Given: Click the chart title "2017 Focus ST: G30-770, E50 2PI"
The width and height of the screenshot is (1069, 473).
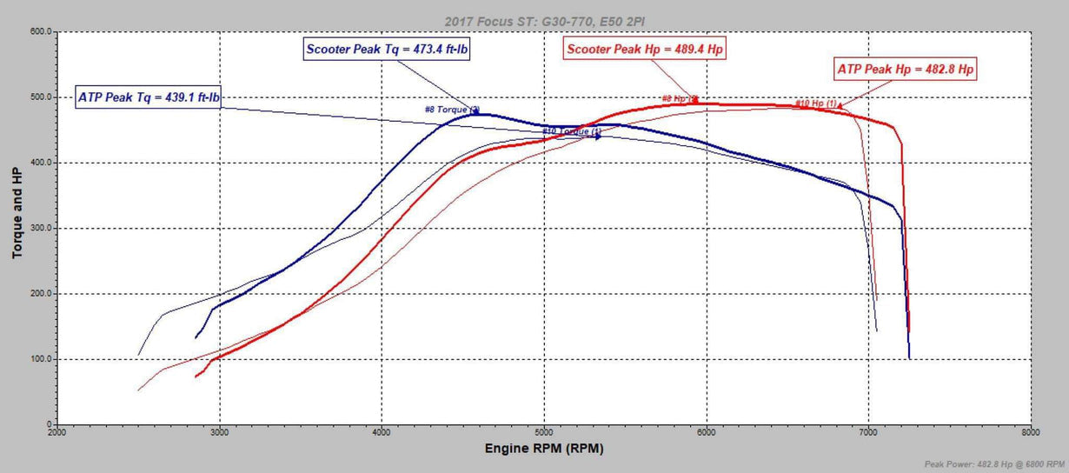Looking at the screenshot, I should click(x=544, y=20).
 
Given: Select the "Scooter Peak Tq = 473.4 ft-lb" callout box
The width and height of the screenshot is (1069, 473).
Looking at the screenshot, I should click(x=388, y=49).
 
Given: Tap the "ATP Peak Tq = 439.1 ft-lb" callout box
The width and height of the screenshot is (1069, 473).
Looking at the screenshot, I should click(x=149, y=97).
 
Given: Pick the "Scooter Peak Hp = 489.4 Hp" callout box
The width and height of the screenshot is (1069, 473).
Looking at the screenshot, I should click(x=645, y=50).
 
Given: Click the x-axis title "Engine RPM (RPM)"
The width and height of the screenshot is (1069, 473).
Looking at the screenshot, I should click(x=544, y=449).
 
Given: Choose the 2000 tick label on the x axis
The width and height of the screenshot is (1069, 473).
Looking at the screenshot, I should click(x=57, y=431).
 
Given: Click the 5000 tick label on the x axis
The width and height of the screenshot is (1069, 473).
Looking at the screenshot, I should click(x=544, y=431).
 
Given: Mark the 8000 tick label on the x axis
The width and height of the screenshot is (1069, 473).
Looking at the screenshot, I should click(x=1030, y=431).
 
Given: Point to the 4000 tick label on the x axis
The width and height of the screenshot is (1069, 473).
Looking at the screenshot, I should click(x=382, y=431).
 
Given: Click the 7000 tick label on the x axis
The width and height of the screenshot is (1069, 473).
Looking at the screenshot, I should click(x=868, y=431).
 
